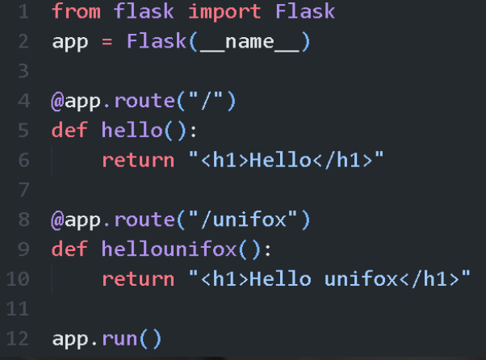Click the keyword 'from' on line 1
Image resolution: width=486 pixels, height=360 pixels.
coord(76,13)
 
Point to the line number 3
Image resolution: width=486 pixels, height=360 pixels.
coord(22,72)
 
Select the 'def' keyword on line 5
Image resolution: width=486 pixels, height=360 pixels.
coord(69,131)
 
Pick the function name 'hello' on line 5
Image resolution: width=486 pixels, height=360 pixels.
coord(126,131)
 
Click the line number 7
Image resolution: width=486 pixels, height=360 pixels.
coord(22,190)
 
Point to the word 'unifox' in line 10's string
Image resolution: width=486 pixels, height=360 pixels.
coord(362,279)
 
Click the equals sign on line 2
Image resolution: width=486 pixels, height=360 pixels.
coord(108,42)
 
